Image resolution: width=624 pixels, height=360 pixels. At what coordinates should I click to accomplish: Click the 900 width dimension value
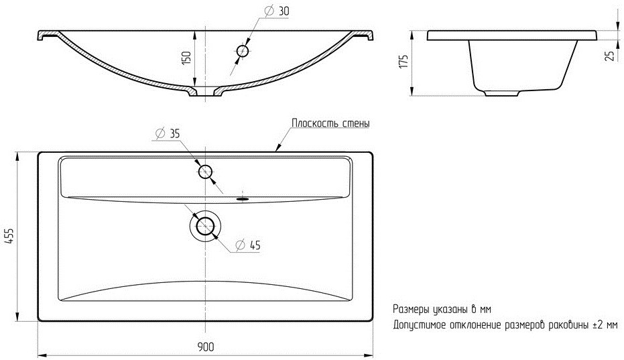(x=205, y=347)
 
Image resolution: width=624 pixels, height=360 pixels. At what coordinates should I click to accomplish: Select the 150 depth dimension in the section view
(x=186, y=58)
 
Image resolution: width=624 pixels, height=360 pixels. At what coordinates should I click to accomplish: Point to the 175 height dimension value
(x=403, y=62)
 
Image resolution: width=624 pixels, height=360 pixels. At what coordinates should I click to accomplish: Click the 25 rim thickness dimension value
(x=609, y=55)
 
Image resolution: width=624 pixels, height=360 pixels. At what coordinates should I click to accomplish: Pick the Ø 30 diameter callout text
(x=277, y=11)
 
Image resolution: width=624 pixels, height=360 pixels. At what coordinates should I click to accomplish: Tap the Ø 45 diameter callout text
(x=248, y=245)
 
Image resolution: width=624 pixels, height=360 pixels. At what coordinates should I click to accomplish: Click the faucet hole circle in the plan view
(x=205, y=172)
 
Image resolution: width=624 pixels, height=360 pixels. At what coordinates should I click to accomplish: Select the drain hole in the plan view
(x=205, y=226)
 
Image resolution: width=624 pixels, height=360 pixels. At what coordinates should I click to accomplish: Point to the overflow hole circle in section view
(x=243, y=51)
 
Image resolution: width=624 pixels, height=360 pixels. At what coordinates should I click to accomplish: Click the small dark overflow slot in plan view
(x=243, y=198)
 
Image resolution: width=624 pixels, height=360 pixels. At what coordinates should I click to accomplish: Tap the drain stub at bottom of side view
(x=502, y=93)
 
